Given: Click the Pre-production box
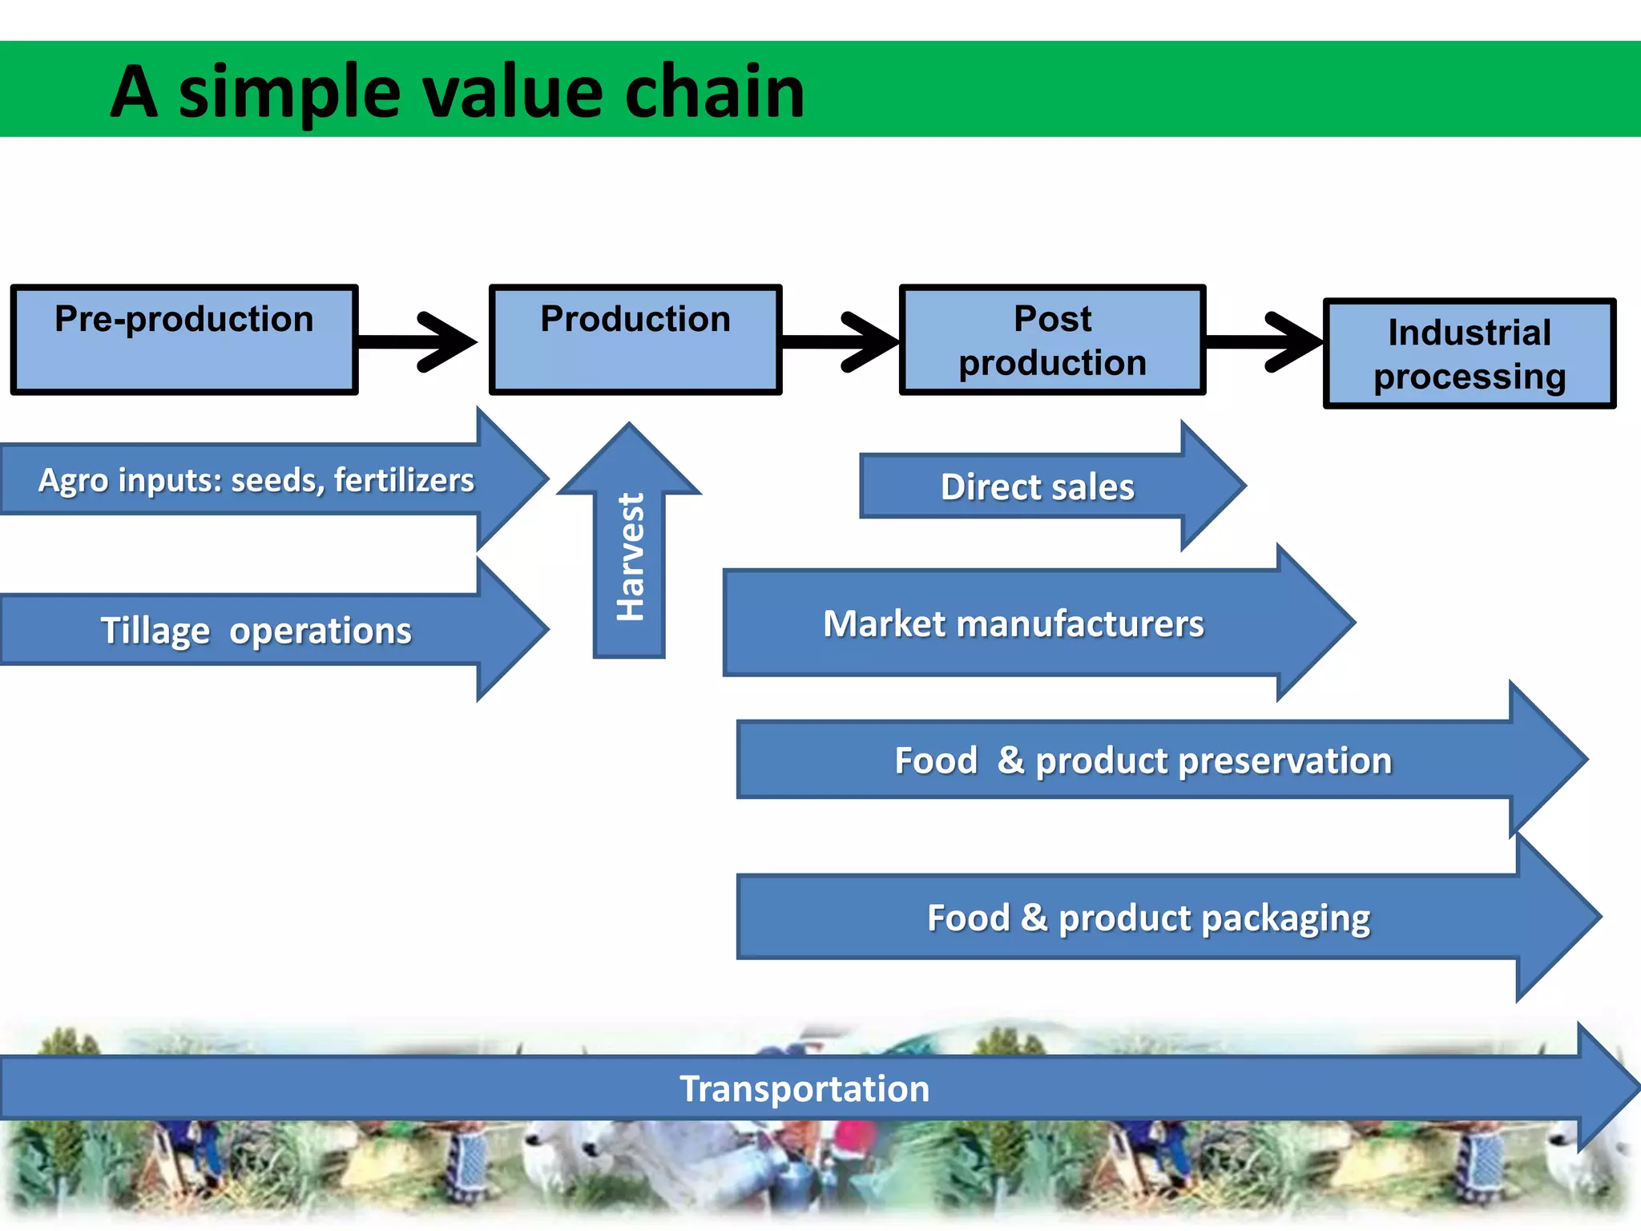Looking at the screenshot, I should tap(184, 340).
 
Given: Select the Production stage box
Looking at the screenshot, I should tap(635, 340).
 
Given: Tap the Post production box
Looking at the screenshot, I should tap(1052, 340).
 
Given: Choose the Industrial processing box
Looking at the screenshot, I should tap(1469, 353).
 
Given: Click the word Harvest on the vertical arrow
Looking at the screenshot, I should tap(631, 557).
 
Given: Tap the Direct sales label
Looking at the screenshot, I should tap(1037, 486).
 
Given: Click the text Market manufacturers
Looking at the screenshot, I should tap(1013, 624).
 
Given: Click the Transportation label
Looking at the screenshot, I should tap(804, 1088).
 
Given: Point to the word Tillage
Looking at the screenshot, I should tap(155, 631).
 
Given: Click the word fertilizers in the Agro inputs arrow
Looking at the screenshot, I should tap(404, 480).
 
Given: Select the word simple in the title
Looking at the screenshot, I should tap(288, 94).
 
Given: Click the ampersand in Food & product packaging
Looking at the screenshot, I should tap(1034, 917).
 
